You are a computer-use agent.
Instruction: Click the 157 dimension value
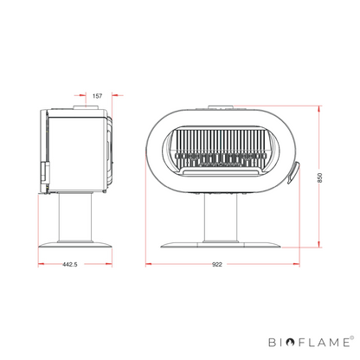tap(97, 96)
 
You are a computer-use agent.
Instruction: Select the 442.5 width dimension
tap(70, 264)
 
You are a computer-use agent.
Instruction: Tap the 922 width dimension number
tap(217, 264)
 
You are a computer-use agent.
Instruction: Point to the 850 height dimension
tap(319, 177)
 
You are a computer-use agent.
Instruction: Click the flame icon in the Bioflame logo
tap(291, 342)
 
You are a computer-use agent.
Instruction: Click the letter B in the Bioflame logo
tap(273, 343)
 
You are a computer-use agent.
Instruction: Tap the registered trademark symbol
tap(351, 337)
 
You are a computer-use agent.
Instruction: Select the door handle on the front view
tap(292, 172)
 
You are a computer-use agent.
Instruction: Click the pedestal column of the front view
tap(221, 218)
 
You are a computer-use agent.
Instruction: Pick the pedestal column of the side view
tap(75, 217)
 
